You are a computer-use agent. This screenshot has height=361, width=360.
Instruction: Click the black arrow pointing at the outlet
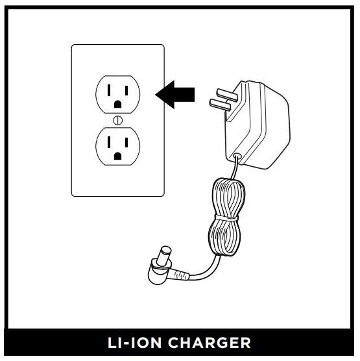click(175, 95)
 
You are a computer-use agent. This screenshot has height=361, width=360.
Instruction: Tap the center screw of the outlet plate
click(118, 120)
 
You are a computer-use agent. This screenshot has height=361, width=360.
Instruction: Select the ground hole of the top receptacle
click(118, 105)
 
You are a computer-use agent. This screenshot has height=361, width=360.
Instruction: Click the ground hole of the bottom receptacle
click(118, 156)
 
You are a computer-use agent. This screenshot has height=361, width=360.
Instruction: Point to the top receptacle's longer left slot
click(109, 90)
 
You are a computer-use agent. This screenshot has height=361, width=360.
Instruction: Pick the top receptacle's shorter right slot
click(126, 90)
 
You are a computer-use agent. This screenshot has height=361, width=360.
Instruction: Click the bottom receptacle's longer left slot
click(109, 142)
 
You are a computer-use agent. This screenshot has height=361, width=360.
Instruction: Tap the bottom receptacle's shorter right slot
click(126, 142)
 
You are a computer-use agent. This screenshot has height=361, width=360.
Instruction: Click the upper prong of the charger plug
click(227, 95)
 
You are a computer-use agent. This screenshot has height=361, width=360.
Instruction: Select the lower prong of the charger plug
click(220, 105)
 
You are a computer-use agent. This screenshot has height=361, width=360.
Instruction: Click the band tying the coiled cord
click(226, 218)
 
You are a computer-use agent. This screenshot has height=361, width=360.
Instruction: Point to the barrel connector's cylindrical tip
click(165, 255)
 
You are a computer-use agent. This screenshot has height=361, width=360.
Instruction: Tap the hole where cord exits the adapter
click(237, 156)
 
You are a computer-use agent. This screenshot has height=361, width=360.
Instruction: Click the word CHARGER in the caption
click(210, 343)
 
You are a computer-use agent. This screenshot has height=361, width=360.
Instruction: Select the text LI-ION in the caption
click(134, 343)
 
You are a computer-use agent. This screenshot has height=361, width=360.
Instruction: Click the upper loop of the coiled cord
click(229, 197)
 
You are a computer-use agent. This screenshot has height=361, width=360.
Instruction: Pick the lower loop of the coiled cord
click(224, 237)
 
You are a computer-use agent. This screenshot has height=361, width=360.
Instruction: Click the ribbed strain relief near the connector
click(181, 275)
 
